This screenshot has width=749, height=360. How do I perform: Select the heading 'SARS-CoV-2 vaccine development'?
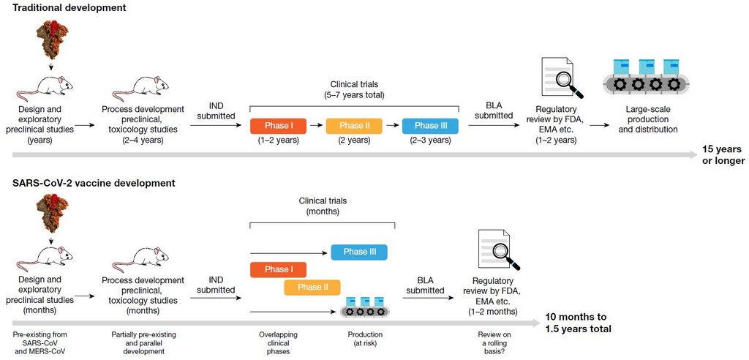coord(89,183)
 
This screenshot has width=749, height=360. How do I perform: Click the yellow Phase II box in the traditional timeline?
coord(354,126)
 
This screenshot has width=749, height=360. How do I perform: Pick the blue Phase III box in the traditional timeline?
coord(430,126)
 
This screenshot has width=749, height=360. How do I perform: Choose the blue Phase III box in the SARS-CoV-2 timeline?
coord(359,252)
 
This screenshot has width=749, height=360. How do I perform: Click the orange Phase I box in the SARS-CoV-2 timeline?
coord(279,270)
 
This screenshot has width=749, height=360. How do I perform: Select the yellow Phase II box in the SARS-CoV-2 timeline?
coord(312,288)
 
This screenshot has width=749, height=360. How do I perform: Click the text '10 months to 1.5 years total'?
coord(577,323)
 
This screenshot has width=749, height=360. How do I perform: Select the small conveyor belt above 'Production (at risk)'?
coord(364,308)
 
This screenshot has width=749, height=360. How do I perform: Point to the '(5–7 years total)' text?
coord(353,94)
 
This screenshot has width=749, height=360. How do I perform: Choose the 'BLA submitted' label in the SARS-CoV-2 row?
coord(424,285)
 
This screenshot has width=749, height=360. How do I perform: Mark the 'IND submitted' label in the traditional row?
coord(216,111)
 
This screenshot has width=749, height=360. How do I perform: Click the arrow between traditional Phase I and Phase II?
coord(316,126)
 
